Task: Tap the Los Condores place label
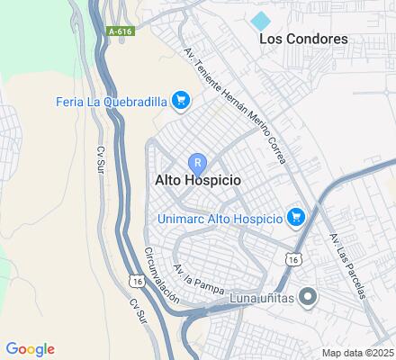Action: [x=303, y=39]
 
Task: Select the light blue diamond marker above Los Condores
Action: [x=261, y=20]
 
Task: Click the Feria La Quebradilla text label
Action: [x=112, y=100]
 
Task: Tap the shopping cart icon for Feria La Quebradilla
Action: [x=181, y=100]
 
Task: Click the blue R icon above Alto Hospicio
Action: [x=197, y=163]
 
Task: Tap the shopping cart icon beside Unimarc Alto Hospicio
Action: [x=295, y=217]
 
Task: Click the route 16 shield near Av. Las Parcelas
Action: [x=292, y=258]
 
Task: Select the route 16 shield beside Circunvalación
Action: [x=137, y=282]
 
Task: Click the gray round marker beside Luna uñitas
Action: [x=308, y=296]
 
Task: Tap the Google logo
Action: [x=30, y=349]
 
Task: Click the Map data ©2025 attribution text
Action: [x=358, y=353]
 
